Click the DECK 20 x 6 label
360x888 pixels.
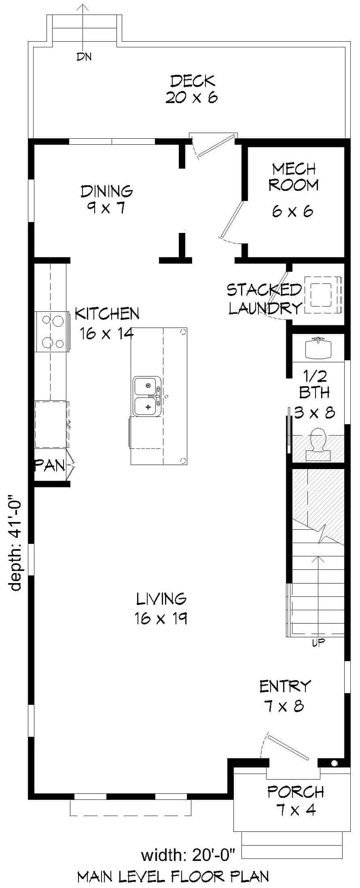click(x=192, y=89)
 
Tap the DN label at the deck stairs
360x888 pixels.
click(x=84, y=57)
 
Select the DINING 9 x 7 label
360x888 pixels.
click(x=106, y=199)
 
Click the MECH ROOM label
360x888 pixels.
click(x=294, y=177)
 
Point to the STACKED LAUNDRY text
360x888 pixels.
click(x=265, y=299)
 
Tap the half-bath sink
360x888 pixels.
click(x=319, y=348)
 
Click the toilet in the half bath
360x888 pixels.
click(x=318, y=445)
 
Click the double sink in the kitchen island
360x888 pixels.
click(x=148, y=396)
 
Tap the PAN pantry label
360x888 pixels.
click(x=50, y=465)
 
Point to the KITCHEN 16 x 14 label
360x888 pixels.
click(x=107, y=323)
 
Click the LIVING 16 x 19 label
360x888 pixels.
click(x=161, y=608)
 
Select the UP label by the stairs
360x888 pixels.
click(x=319, y=643)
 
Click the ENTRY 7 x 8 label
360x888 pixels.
click(x=285, y=696)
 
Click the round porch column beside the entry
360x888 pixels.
click(x=334, y=763)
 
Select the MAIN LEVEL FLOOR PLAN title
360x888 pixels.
click(x=173, y=876)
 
